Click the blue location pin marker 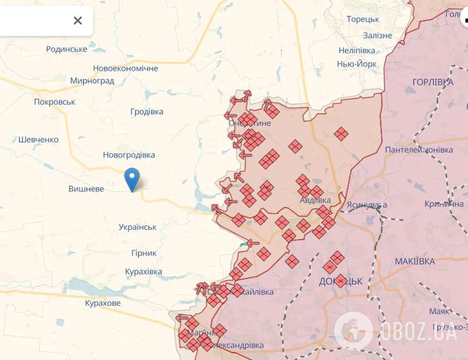[x=133, y=179]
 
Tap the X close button [x=78, y=21]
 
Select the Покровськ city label [x=55, y=102]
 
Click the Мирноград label [x=92, y=81]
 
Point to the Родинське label [x=67, y=49]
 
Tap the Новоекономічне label [x=125, y=68]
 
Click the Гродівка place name [x=146, y=112]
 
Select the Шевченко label [x=39, y=140]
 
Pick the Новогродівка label [x=129, y=155]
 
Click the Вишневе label [x=86, y=189]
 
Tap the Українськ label [x=137, y=227]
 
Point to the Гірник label [x=141, y=253]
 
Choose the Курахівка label [x=143, y=272]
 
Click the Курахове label [x=102, y=303]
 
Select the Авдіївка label [x=315, y=200]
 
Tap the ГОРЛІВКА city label [x=432, y=82]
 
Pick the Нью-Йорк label [x=356, y=64]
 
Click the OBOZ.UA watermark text [x=418, y=333]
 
